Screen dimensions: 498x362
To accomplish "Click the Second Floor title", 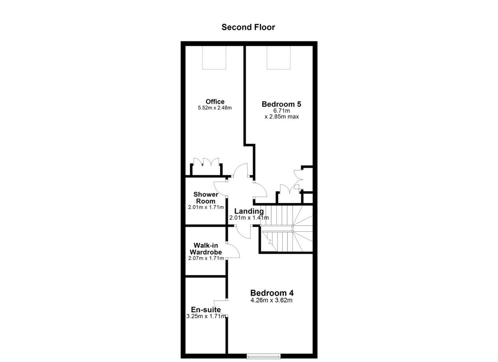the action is [x=248, y=27].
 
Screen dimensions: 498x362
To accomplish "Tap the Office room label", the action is [x=215, y=101].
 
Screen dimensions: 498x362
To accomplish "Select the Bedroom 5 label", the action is [x=281, y=104].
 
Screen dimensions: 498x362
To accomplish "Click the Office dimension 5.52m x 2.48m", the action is [x=215, y=108].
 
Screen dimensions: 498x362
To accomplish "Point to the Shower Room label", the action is [x=206, y=198].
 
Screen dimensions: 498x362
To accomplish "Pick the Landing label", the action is [x=249, y=211].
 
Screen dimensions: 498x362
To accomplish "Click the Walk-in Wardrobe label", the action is [x=206, y=249].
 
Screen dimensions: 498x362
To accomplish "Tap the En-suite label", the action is [x=206, y=310].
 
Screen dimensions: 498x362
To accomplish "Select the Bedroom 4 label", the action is [x=272, y=293].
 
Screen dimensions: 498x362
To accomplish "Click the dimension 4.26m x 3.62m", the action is [x=272, y=301].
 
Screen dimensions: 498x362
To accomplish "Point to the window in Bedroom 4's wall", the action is [x=264, y=357].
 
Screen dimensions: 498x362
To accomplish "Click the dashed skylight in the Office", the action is [x=214, y=58].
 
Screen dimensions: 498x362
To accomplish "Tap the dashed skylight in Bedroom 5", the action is [x=279, y=58].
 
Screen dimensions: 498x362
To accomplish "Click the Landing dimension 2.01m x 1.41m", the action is [x=249, y=218].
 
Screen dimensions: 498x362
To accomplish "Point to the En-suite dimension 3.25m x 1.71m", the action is [x=206, y=316].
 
